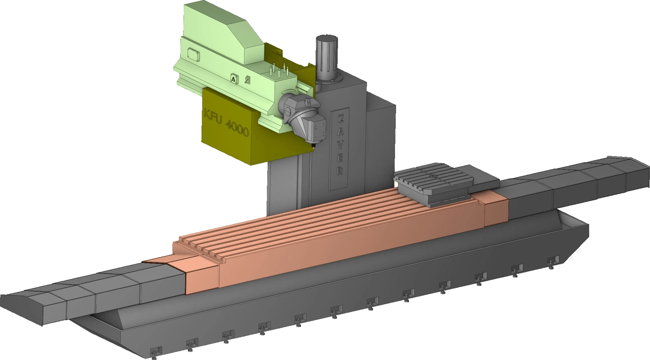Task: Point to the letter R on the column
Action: [340, 170]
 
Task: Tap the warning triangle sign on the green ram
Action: [233, 78]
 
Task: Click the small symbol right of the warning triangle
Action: [247, 79]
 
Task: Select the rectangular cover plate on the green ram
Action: [194, 54]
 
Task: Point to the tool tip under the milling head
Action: [312, 145]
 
